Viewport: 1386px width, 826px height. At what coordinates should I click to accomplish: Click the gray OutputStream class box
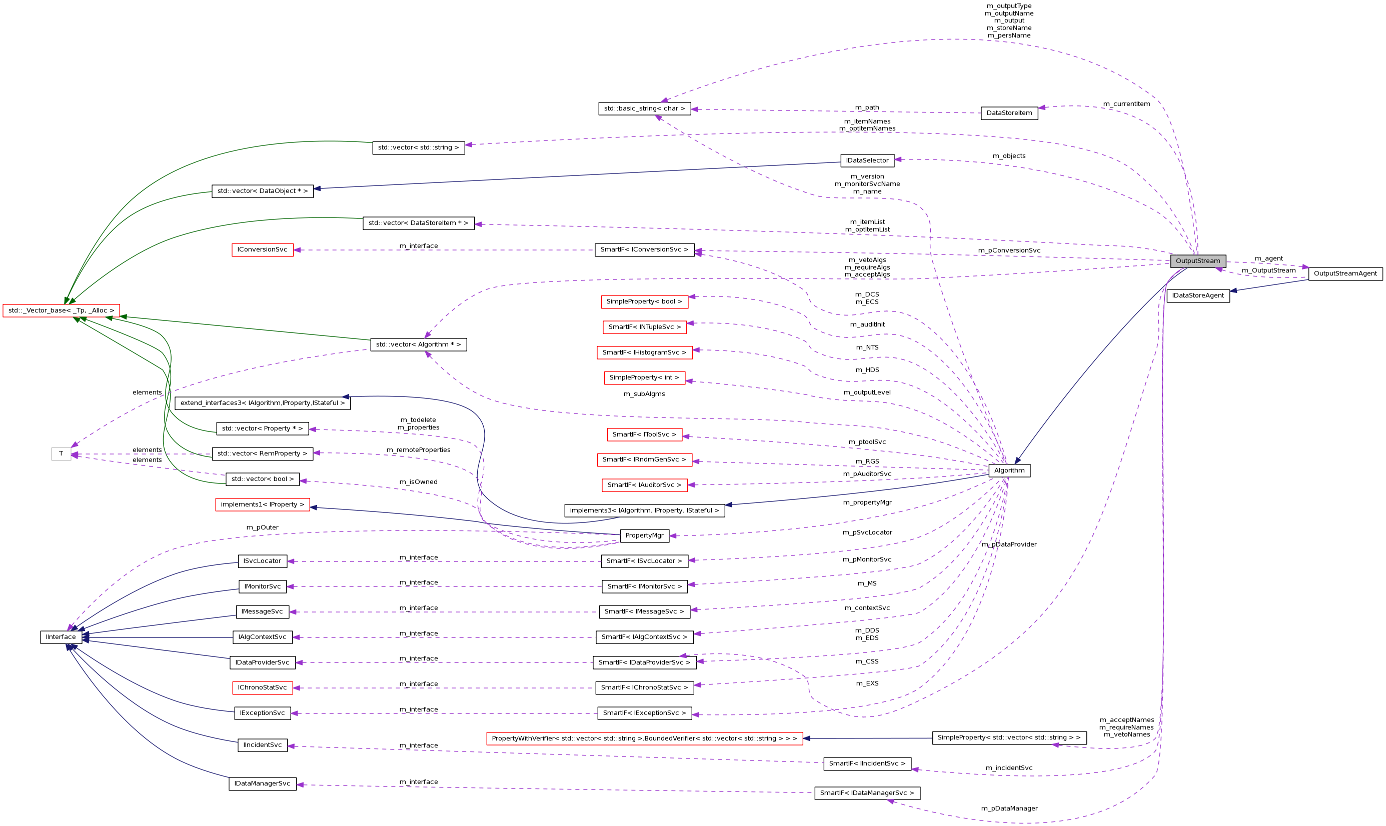point(1197,261)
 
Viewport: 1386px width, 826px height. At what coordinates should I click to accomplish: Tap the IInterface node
point(61,637)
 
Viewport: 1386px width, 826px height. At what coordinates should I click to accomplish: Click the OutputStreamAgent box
point(1345,273)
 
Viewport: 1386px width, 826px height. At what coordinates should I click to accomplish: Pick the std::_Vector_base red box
point(61,310)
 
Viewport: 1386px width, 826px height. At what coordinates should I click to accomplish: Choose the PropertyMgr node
point(644,535)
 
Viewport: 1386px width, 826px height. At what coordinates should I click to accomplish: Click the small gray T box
point(61,453)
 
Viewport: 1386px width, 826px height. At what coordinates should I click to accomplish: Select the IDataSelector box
point(867,160)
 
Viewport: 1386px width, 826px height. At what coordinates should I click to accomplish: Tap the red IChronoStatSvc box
point(262,687)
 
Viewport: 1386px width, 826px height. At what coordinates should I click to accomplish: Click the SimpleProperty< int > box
point(644,377)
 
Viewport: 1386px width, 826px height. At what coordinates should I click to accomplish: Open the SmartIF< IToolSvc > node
point(644,434)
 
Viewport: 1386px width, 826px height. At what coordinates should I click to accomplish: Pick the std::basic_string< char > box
point(644,108)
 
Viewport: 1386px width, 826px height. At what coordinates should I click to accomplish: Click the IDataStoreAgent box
point(1197,295)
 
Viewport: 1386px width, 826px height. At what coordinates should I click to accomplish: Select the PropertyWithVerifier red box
point(644,738)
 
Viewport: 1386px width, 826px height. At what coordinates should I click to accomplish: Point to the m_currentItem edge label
point(1126,104)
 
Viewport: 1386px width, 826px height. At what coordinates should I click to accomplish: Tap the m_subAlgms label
point(644,394)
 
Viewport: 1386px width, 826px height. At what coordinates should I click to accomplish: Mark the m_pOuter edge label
point(262,527)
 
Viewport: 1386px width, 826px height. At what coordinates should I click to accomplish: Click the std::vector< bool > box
point(262,478)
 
